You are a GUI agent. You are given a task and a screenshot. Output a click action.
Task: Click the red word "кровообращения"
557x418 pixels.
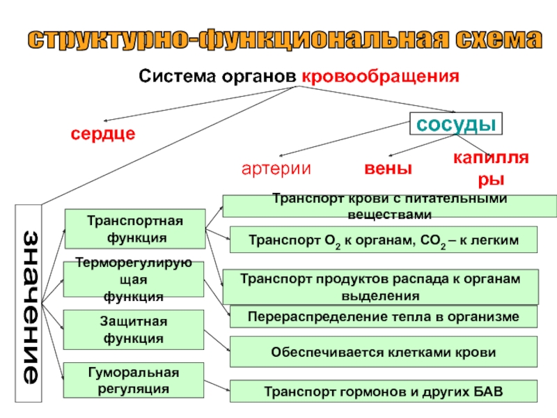pyautogui.click(x=380, y=76)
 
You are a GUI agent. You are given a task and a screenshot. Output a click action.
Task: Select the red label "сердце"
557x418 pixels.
pyautogui.click(x=102, y=133)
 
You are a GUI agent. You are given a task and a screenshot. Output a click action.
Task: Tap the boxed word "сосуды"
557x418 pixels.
pyautogui.click(x=455, y=123)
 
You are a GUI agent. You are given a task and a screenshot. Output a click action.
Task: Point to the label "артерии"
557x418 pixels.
pyautogui.click(x=276, y=169)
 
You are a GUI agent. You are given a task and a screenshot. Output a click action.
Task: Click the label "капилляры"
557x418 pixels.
pyautogui.click(x=491, y=169)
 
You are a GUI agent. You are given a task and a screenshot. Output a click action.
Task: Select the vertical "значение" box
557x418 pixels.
pyautogui.click(x=29, y=304)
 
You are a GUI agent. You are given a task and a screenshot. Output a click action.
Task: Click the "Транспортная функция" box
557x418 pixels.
pyautogui.click(x=134, y=229)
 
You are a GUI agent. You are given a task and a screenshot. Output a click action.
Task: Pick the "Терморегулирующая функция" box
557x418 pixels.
pyautogui.click(x=134, y=280)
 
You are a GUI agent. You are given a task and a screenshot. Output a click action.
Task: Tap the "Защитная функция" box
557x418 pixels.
pyautogui.click(x=134, y=330)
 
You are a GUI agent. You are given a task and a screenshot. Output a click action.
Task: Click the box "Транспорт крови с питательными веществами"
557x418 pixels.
pyautogui.click(x=389, y=206)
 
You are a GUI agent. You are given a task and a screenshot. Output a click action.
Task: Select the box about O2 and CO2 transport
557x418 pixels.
pyautogui.click(x=384, y=240)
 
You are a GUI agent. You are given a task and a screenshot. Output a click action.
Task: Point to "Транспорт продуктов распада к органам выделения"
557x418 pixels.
pyautogui.click(x=380, y=287)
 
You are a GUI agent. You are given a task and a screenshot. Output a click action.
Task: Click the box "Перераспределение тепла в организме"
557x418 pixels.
pyautogui.click(x=384, y=317)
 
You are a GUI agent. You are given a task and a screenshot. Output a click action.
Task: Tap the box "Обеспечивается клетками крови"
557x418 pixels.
pyautogui.click(x=384, y=353)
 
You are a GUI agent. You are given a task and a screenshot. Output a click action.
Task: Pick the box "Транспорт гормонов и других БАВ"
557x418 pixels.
pyautogui.click(x=384, y=392)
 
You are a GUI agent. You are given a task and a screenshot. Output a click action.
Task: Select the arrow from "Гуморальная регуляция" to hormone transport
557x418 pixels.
pyautogui.click(x=217, y=385)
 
